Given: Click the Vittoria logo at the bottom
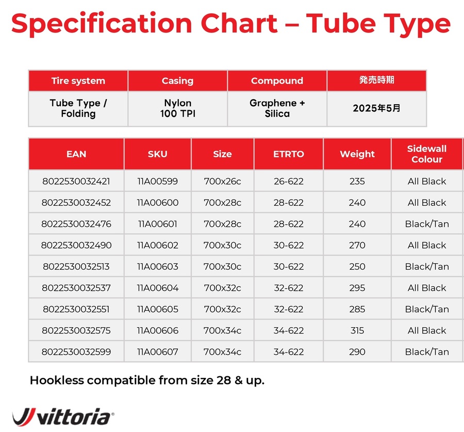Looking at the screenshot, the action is tap(63, 417).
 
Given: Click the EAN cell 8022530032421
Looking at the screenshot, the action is tap(76, 181).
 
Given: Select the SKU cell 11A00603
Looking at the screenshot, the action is tap(157, 267).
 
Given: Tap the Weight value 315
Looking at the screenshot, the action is tap(357, 330).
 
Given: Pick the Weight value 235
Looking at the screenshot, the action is tap(357, 181).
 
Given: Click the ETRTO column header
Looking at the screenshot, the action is tap(289, 154).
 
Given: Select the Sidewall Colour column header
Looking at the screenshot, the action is tap(427, 154).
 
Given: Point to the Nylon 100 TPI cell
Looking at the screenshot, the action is tap(177, 109).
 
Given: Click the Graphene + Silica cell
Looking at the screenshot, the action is tap(277, 109).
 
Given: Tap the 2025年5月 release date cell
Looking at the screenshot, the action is tap(376, 109).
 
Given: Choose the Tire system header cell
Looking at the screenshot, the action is tap(78, 80).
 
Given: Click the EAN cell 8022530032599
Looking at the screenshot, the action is tap(76, 352).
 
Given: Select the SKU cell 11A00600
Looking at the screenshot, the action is tap(157, 203).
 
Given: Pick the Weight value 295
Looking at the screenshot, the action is tap(357, 288).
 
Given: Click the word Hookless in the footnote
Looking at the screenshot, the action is tap(57, 380).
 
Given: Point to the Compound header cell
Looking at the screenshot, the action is tap(277, 80).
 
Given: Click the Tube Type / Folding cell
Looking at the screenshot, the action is tap(78, 109).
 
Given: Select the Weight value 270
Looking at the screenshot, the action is tap(357, 245).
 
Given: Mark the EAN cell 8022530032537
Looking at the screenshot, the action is tap(76, 288).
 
